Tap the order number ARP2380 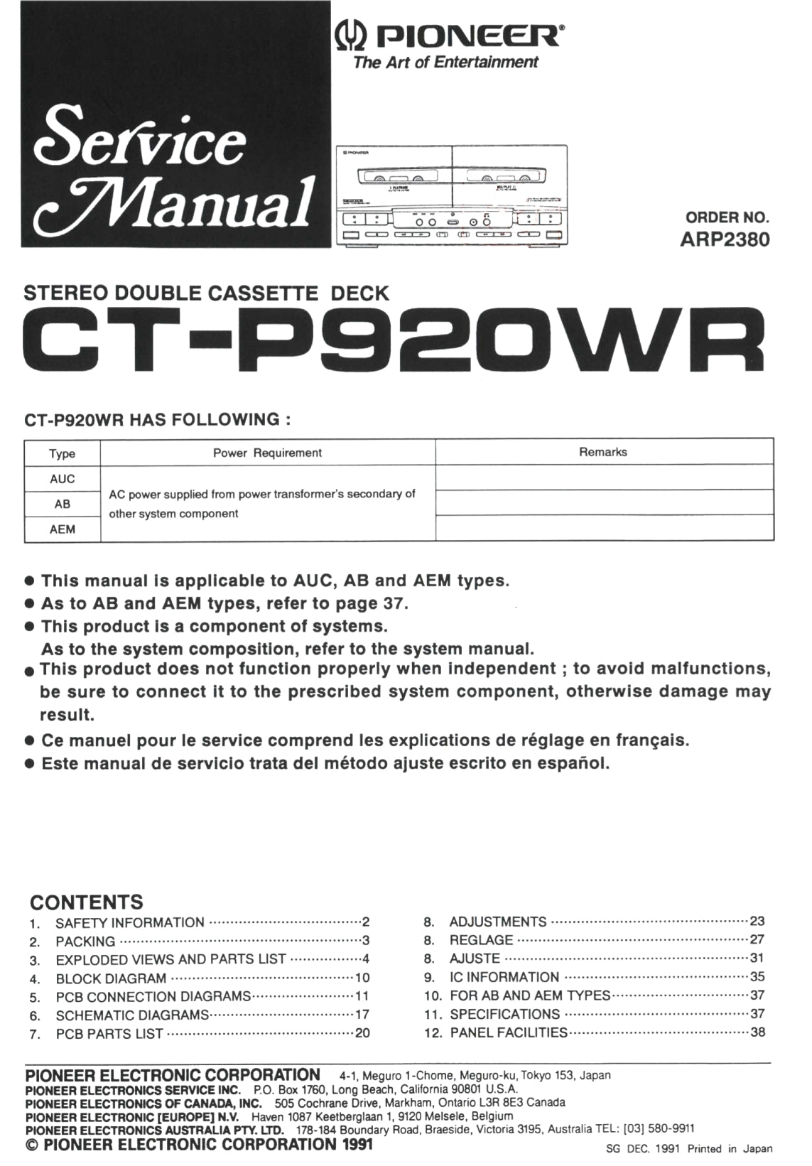tap(724, 239)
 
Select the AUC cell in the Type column tap(63, 479)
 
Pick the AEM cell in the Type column tap(63, 529)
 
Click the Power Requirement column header tap(267, 453)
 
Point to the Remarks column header tap(603, 452)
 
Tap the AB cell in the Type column tap(63, 504)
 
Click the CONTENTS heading tap(87, 902)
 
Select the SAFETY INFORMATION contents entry tap(130, 923)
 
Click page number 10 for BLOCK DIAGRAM tap(362, 978)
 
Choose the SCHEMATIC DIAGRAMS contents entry tap(132, 1015)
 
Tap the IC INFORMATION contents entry tap(504, 977)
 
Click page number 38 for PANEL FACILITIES tap(758, 1032)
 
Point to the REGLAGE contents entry tap(481, 940)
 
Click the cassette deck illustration tap(452, 195)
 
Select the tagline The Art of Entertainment tap(445, 63)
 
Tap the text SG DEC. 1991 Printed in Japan tap(689, 1148)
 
